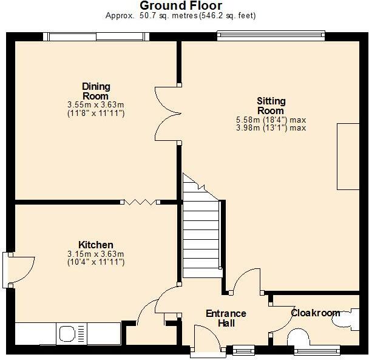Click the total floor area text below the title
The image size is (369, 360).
click(x=180, y=16)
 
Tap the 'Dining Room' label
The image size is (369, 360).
click(x=96, y=91)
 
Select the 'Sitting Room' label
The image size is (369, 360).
click(x=271, y=106)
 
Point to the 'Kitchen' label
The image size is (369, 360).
click(x=95, y=245)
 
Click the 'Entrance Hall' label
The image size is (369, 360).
click(x=226, y=318)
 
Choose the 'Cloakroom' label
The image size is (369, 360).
click(x=316, y=313)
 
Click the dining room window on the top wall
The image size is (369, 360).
click(x=95, y=37)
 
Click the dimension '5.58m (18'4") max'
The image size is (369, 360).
click(x=271, y=120)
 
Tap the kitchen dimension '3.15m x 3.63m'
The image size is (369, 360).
click(x=95, y=254)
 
